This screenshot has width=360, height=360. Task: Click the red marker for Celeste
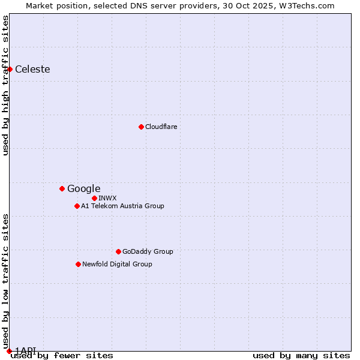10,69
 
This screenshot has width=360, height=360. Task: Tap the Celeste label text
32,69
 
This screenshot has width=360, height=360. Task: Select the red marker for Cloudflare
141,127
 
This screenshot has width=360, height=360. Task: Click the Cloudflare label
161,127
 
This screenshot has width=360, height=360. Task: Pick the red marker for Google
62,188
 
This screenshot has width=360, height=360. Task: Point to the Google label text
83,188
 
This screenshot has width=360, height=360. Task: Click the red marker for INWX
94,198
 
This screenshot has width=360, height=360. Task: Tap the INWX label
107,198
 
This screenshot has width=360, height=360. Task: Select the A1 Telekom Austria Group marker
77,206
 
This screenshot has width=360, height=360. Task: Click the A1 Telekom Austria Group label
122,206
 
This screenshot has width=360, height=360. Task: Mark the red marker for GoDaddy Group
118,251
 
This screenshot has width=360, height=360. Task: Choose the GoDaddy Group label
148,251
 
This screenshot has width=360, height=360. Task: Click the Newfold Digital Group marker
78,264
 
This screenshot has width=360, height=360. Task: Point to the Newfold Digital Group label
117,264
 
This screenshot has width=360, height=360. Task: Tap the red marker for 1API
9,351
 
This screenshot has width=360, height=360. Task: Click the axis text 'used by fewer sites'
62,355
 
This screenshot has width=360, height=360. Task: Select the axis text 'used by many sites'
301,355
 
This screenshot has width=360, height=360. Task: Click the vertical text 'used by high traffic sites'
5,85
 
